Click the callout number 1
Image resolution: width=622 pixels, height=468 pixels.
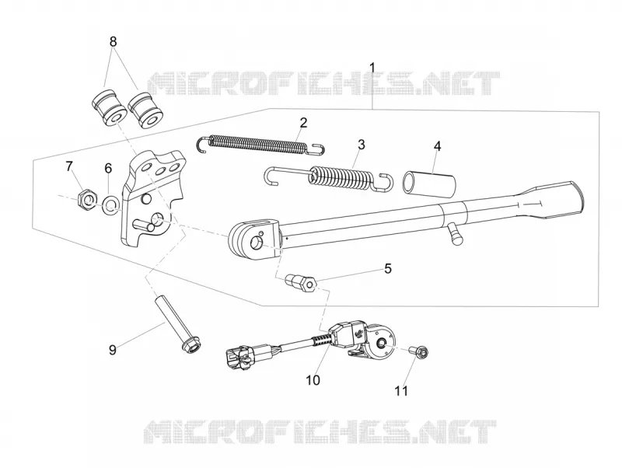point(372,68)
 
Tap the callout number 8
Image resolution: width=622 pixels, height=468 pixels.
point(113,41)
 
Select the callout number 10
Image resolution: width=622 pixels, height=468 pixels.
point(313,380)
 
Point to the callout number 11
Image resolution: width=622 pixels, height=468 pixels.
point(401,391)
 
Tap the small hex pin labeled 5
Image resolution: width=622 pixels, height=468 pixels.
point(301,282)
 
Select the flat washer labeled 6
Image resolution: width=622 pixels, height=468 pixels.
point(110,204)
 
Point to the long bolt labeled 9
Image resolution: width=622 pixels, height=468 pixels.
point(177,323)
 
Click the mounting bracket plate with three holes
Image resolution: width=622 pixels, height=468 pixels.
point(152,197)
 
